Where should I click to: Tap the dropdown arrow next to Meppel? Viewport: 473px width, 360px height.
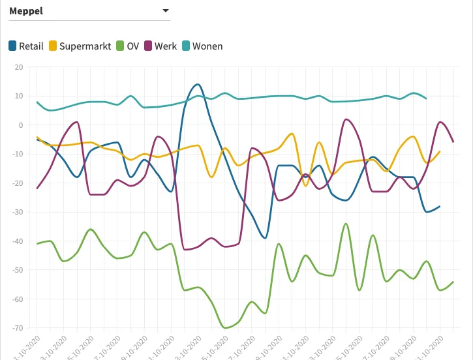click(165, 10)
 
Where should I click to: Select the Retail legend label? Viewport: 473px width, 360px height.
click(31, 46)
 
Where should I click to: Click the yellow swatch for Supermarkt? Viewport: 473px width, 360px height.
click(53, 46)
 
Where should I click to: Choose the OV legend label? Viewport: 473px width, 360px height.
click(132, 46)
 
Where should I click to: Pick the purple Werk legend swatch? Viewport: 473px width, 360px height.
click(148, 46)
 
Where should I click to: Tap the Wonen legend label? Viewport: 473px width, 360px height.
click(207, 46)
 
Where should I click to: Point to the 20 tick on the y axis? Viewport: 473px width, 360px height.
click(18, 67)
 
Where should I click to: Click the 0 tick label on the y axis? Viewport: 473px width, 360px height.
click(20, 125)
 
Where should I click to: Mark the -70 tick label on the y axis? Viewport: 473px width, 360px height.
click(17, 328)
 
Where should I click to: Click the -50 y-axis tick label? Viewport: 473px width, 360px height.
click(17, 270)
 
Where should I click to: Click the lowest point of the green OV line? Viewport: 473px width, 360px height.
click(225, 327)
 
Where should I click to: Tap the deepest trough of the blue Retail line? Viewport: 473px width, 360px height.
click(265, 238)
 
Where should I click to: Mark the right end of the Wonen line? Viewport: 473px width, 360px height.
click(427, 98)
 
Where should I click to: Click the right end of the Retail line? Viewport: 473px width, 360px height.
click(440, 206)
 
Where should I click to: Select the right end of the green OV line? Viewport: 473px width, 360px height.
click(453, 282)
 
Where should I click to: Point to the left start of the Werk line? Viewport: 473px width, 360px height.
click(37, 188)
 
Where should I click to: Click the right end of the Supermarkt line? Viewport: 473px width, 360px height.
click(440, 151)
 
